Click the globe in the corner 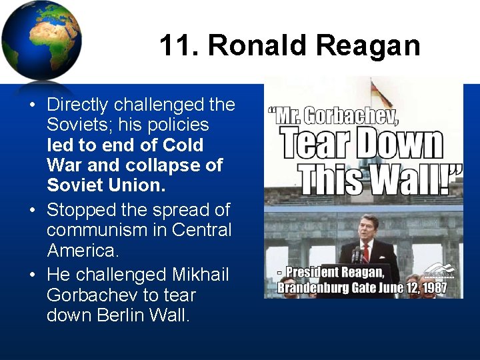[41, 41]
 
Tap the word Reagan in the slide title [368, 46]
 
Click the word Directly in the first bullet [78, 105]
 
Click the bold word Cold [183, 145]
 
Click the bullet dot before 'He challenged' [32, 275]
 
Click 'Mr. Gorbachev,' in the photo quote [333, 116]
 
